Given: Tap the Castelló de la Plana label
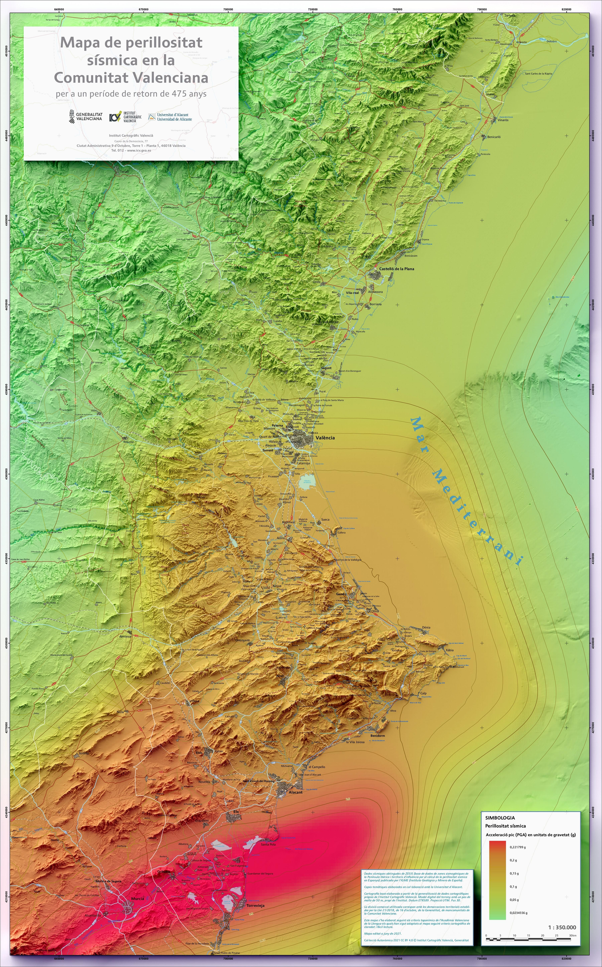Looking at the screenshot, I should click(x=396, y=269).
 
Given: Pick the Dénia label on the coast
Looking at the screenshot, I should click(x=426, y=627).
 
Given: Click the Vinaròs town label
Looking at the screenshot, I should click(x=503, y=120).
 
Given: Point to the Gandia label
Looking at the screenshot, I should click(x=341, y=594).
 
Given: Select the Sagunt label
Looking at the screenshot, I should click(x=326, y=368).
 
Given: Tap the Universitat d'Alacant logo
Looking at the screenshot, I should click(x=170, y=117).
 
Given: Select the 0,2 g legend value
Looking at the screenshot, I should click(x=513, y=860).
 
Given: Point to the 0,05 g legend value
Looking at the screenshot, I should click(x=514, y=900).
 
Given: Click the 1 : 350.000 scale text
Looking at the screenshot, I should click(x=562, y=927).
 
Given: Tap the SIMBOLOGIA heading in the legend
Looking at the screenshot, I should click(x=500, y=818).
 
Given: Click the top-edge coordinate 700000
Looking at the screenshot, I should click(x=228, y=9).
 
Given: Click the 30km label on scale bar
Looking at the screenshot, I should click(x=573, y=935).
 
